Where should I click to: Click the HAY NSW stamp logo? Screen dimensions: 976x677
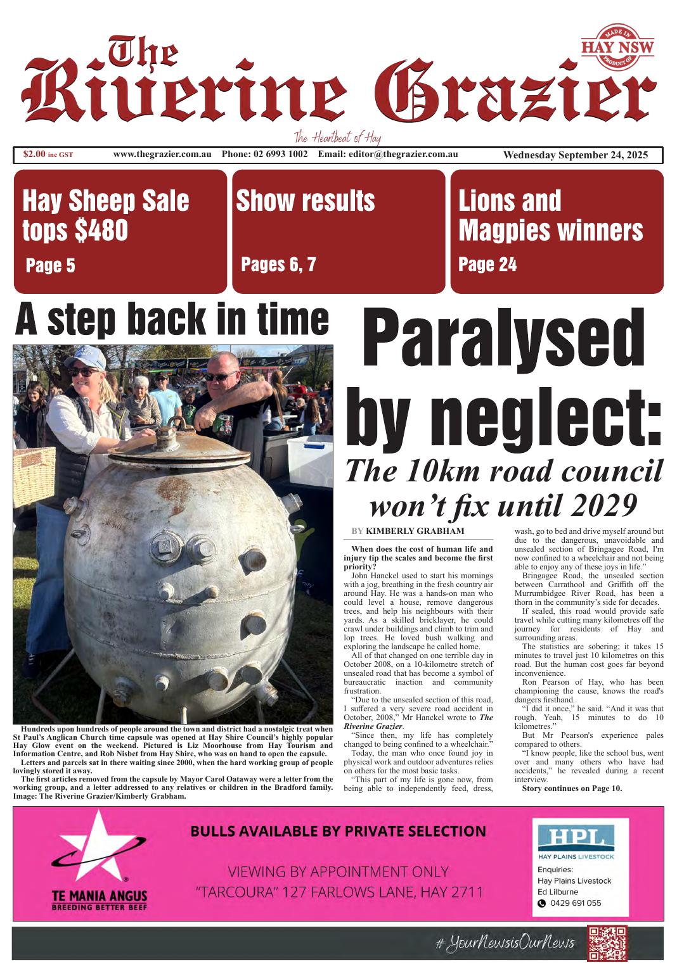pos(617,48)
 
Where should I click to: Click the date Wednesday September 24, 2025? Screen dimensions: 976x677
pos(575,155)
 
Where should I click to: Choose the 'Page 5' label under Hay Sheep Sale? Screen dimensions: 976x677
pos(50,265)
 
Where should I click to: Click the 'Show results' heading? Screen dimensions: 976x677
pos(305,201)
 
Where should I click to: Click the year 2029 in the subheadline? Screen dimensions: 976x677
pos(593,506)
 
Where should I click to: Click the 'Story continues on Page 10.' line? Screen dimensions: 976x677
pos(572,789)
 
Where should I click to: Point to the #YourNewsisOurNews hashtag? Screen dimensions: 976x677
pos(505,943)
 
